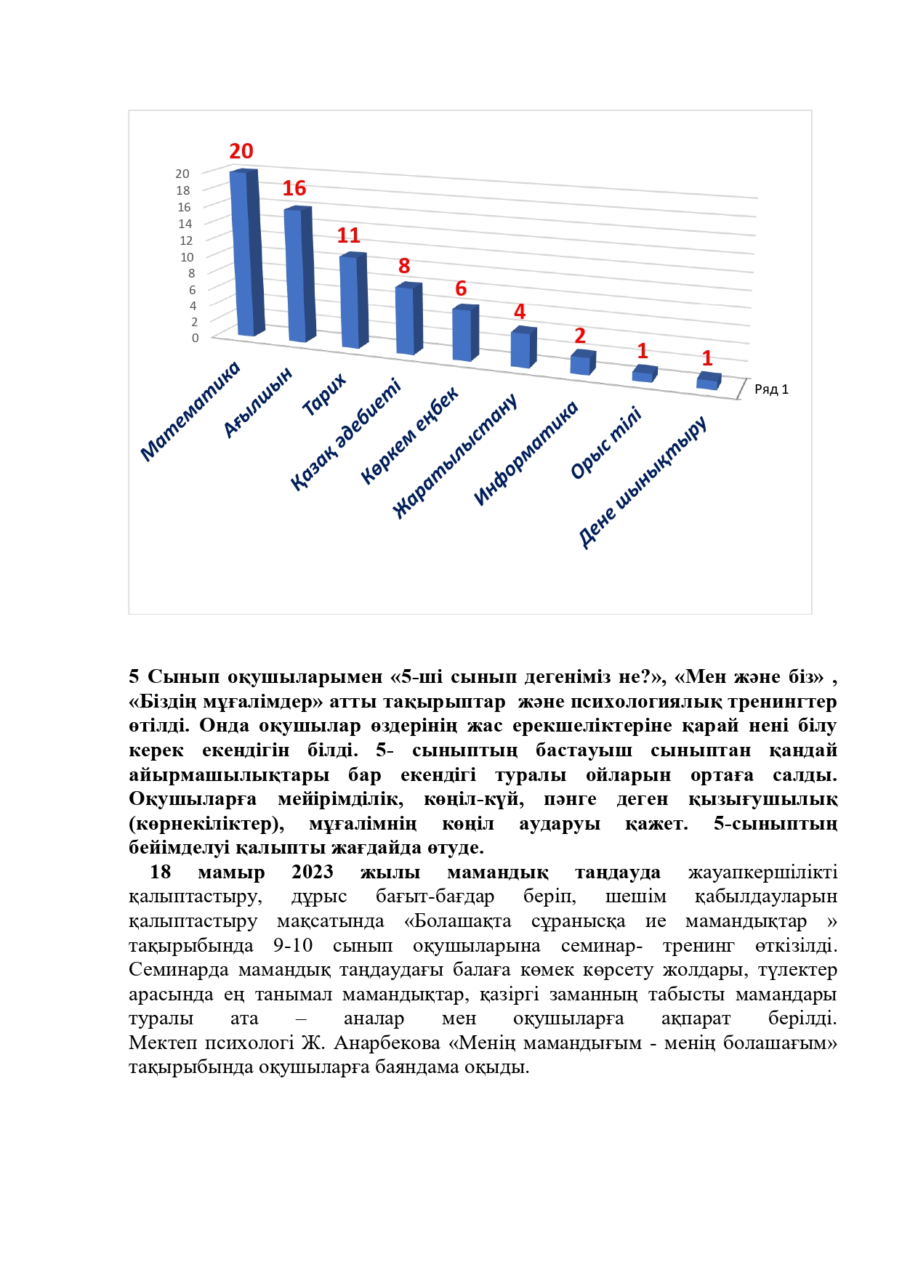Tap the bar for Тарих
pyautogui.click(x=353, y=301)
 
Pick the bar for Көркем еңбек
pyautogui.click(x=464, y=334)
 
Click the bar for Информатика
pyautogui.click(x=581, y=363)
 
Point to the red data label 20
pyautogui.click(x=241, y=151)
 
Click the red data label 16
pyautogui.click(x=294, y=189)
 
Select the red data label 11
pyautogui.click(x=349, y=235)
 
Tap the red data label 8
pyautogui.click(x=404, y=266)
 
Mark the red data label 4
pyautogui.click(x=520, y=312)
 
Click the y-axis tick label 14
pyautogui.click(x=185, y=224)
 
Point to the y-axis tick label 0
pyautogui.click(x=195, y=338)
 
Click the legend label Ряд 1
pyautogui.click(x=771, y=389)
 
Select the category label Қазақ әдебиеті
pyautogui.click(x=346, y=434)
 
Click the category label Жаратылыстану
pyautogui.click(x=456, y=456)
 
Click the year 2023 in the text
pyautogui.click(x=313, y=872)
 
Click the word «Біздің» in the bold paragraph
pyautogui.click(x=163, y=702)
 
